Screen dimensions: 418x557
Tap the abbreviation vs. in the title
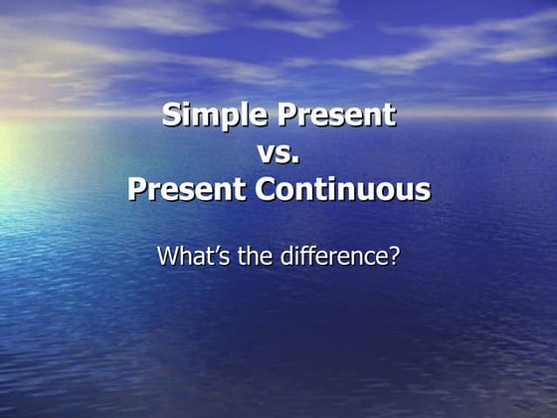point(278,152)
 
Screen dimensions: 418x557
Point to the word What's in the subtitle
point(189,255)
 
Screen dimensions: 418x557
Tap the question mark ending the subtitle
point(394,255)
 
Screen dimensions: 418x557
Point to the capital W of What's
point(168,255)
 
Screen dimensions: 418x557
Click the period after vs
point(296,160)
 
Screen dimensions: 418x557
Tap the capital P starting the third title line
point(138,189)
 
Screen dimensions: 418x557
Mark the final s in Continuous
point(423,191)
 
